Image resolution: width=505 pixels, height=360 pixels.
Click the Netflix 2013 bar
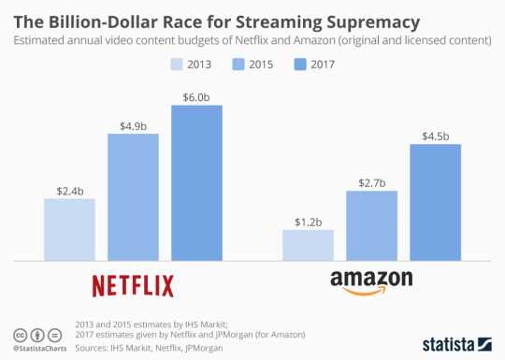click(x=69, y=229)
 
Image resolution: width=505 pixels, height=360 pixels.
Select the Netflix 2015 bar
click(x=133, y=197)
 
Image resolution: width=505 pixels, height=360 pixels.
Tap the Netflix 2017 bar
click(x=196, y=182)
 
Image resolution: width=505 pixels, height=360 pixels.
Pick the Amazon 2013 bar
click(x=309, y=245)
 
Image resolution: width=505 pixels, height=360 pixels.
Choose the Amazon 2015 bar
click(x=372, y=225)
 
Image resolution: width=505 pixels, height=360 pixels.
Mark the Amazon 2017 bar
click(x=436, y=202)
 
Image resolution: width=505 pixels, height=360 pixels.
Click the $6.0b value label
click(x=196, y=96)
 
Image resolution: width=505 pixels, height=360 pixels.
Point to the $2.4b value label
click(x=69, y=190)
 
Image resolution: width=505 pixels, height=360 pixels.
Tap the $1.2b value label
click(x=309, y=222)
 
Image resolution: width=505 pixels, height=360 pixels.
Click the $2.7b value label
click(x=372, y=182)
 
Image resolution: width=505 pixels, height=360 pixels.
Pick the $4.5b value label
click(x=436, y=136)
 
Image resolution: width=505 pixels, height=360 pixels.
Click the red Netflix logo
click(x=133, y=283)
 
